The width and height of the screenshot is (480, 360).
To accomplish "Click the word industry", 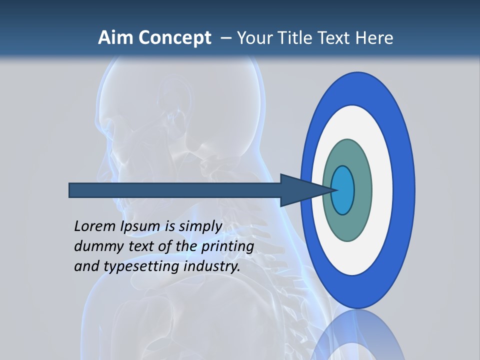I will [212, 266].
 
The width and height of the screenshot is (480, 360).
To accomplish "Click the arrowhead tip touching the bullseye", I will [334, 190].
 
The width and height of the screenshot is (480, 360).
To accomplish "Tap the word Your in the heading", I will [252, 38].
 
